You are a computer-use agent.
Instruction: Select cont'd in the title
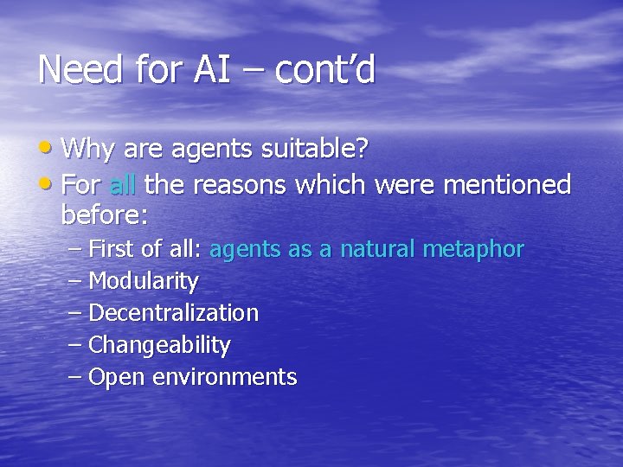[325, 69]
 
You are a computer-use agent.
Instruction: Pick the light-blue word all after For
[124, 184]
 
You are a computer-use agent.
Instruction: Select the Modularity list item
[144, 281]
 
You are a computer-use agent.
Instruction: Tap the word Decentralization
[173, 312]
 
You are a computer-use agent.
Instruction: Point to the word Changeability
[159, 345]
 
